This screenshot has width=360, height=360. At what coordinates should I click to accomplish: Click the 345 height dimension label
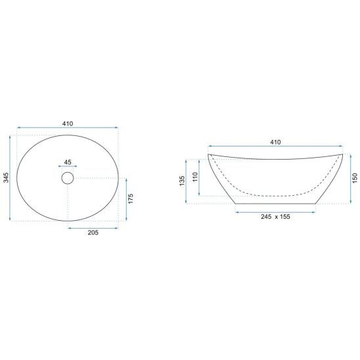(x=6, y=178)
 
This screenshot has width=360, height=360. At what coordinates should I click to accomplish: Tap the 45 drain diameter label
(x=68, y=162)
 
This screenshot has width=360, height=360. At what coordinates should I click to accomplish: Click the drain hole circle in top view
(x=68, y=178)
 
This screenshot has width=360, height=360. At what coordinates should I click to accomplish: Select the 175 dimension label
(x=131, y=198)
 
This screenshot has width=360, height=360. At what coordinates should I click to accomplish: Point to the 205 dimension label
(x=93, y=233)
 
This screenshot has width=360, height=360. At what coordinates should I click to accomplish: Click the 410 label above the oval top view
(x=68, y=124)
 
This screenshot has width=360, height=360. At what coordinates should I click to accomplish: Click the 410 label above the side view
(x=275, y=143)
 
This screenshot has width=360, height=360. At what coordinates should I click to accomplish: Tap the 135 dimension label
(x=182, y=181)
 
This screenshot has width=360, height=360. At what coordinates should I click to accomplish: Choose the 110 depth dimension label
(x=195, y=177)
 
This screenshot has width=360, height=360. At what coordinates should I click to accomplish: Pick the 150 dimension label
(x=355, y=178)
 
